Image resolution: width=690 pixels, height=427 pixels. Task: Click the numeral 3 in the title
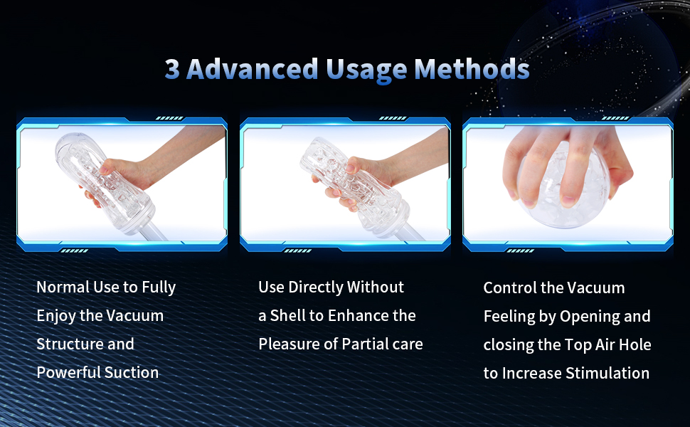172,69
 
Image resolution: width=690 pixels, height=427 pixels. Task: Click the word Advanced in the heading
252,69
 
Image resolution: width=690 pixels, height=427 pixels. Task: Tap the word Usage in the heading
366,71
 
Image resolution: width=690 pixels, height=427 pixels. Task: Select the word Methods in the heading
472,69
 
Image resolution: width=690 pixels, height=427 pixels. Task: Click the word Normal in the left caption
63,287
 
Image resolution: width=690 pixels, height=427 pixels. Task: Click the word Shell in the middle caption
288,316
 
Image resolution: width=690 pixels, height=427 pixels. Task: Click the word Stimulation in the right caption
607,374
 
